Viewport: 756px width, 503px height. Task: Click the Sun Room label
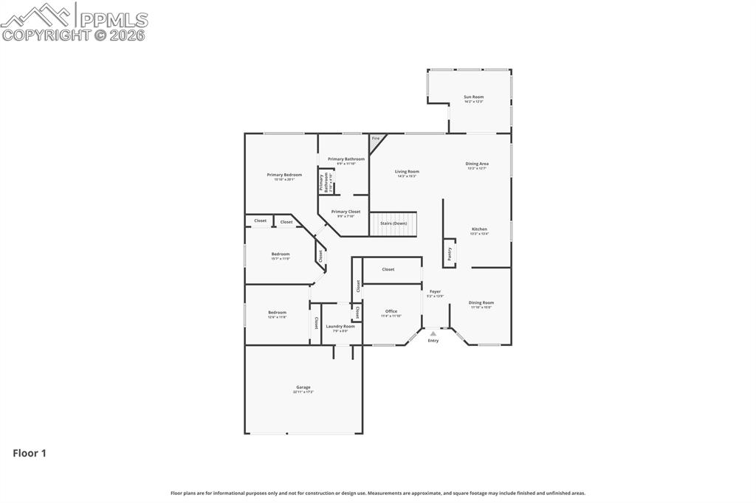[x=473, y=97]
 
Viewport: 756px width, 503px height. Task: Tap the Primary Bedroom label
[x=284, y=175]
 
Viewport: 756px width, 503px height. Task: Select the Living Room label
[x=407, y=172]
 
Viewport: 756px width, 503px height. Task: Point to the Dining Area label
[x=477, y=164]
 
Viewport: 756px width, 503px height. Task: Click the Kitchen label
[x=479, y=229]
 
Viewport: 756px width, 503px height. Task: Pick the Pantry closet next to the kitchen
[x=450, y=253]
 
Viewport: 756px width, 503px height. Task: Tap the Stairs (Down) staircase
[x=394, y=223]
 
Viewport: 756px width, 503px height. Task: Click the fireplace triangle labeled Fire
[x=375, y=139]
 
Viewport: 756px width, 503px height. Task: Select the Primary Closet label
[x=346, y=212]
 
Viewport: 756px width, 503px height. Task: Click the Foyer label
[x=436, y=291]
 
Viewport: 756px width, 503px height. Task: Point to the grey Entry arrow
[x=433, y=333]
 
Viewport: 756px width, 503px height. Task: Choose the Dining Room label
[x=481, y=302]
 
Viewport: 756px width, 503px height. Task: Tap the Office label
[x=391, y=311]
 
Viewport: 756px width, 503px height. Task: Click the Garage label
[x=303, y=387]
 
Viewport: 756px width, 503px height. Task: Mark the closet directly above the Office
[x=388, y=269]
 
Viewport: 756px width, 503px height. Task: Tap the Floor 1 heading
[x=30, y=454]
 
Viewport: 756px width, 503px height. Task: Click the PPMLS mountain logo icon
[x=38, y=13]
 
